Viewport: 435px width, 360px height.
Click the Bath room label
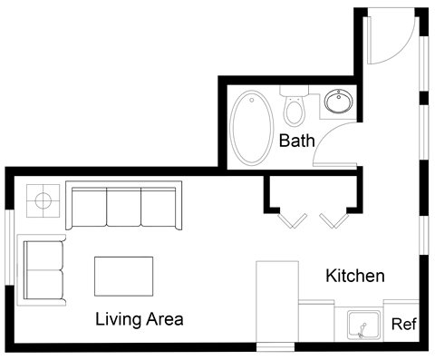coord(296,141)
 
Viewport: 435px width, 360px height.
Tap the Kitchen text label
coord(356,276)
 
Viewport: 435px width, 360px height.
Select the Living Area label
coord(140,319)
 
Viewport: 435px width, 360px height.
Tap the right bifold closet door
coord(333,220)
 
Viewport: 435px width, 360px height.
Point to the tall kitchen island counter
coord(277,304)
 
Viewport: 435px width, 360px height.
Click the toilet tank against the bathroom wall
coord(294,91)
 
